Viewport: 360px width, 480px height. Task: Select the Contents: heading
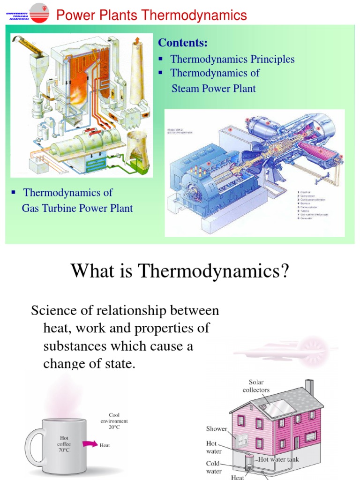[183, 43]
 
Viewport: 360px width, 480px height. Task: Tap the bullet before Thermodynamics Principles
[161, 59]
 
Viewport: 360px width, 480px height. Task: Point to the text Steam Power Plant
[213, 88]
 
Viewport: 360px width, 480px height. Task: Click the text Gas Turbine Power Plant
[77, 208]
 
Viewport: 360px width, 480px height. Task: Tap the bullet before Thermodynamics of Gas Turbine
[14, 192]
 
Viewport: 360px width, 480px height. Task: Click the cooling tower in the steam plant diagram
[138, 150]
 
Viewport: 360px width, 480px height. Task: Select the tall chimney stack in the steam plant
[137, 70]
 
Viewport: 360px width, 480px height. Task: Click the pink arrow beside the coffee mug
[89, 443]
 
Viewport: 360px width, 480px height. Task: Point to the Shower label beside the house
[217, 428]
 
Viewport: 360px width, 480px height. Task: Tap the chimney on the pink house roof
[309, 387]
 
